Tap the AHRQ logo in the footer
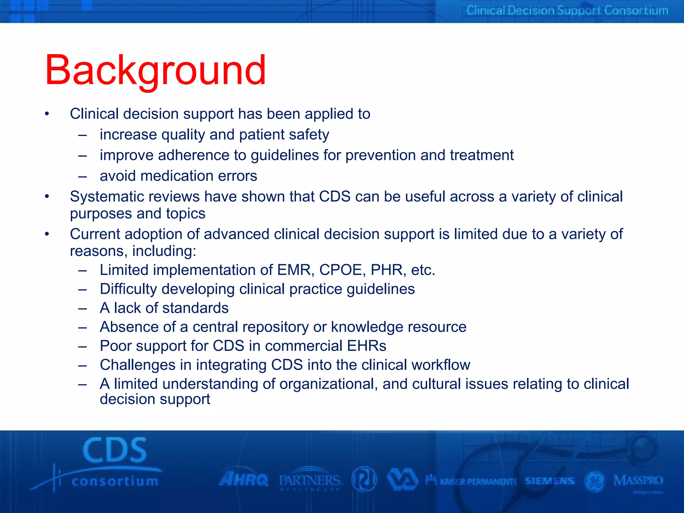244,480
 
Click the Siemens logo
550,481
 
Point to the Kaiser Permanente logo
472,481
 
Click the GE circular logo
595,482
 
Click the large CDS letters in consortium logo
115,450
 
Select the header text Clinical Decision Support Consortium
567,10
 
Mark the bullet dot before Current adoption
47,234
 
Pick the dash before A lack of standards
82,308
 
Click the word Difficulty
128,289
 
